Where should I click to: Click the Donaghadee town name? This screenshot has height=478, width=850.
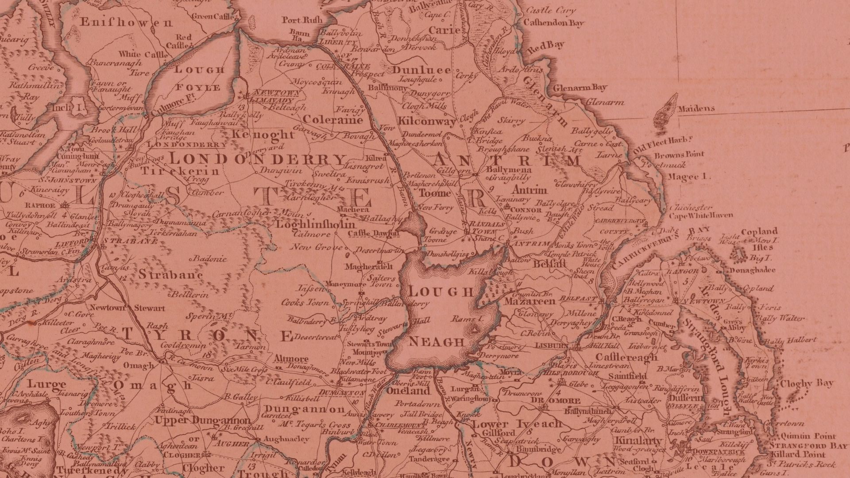click(x=753, y=270)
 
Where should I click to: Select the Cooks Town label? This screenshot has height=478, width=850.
click(x=305, y=302)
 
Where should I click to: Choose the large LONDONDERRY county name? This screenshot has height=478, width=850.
click(x=257, y=159)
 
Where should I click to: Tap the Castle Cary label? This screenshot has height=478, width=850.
click(x=550, y=11)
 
